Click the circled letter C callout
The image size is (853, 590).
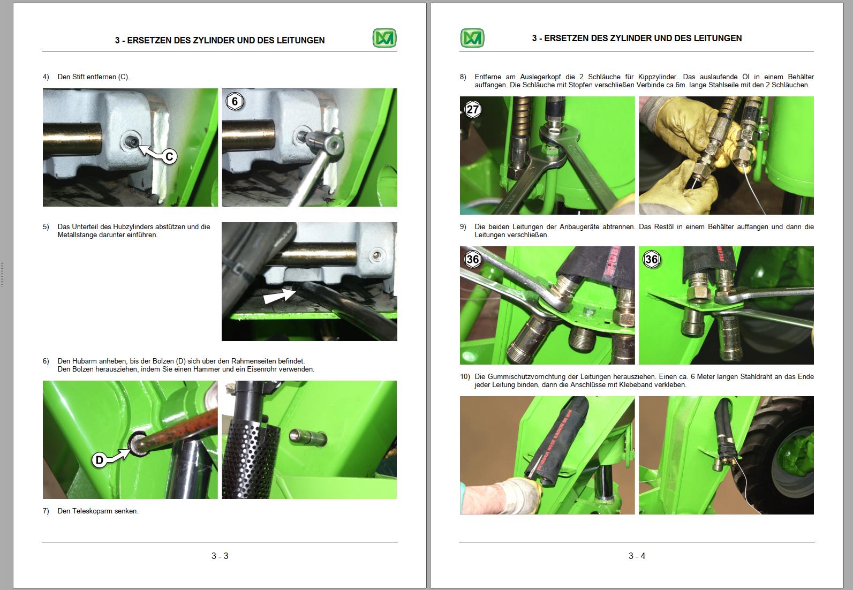coord(169,156)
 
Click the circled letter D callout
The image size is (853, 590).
coord(100,460)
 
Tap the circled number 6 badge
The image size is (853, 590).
coord(235,101)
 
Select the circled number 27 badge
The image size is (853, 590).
coord(473,110)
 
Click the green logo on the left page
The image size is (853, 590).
coord(384,38)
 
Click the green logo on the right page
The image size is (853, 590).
coord(472,38)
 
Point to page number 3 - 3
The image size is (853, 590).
coord(220,556)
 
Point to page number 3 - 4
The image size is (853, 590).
coord(637,556)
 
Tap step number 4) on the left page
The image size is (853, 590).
coord(46,77)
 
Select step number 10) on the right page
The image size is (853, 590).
coord(465,377)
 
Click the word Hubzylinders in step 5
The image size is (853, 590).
coord(133,227)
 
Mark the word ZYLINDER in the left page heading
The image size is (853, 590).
coord(214,40)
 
